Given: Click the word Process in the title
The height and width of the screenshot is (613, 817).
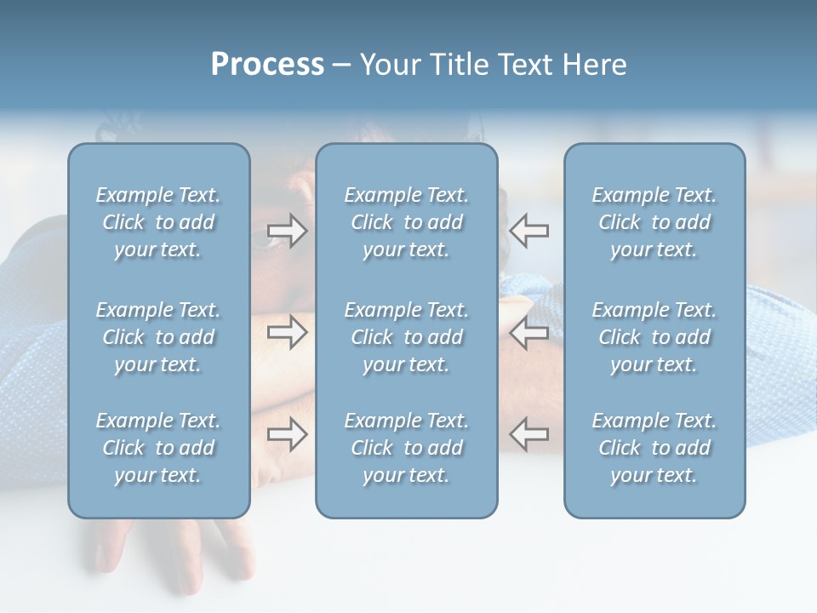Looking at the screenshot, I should pos(267,65).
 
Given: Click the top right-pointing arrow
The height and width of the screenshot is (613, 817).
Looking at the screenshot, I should pos(287,231).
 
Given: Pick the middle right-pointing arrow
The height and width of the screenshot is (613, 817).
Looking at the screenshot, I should pos(287,332).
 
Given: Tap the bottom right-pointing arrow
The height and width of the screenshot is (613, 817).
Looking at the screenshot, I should pos(287,434).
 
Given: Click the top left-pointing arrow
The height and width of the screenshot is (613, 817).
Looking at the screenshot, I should pos(529,231).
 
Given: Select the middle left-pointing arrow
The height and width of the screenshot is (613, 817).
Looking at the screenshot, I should pos(529,333).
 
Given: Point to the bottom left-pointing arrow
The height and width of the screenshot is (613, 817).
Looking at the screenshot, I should pos(529,434).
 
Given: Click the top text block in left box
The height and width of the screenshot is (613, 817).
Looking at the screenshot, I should pos(158,222).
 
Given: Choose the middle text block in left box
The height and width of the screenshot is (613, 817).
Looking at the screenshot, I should pos(158,337).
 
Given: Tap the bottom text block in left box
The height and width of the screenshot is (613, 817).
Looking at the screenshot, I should pos(158,448).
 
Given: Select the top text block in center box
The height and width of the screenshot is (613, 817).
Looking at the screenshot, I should pos(406,222).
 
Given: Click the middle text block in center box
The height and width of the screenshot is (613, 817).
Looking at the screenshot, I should pos(406,337).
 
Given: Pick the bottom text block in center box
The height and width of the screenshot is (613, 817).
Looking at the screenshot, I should pos(406,448).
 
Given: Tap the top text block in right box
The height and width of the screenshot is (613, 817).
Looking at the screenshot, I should pos(654,222).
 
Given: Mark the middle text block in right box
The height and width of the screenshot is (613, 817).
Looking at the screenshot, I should pos(654,337).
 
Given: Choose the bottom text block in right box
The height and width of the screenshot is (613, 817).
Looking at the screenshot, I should pos(654,448).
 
